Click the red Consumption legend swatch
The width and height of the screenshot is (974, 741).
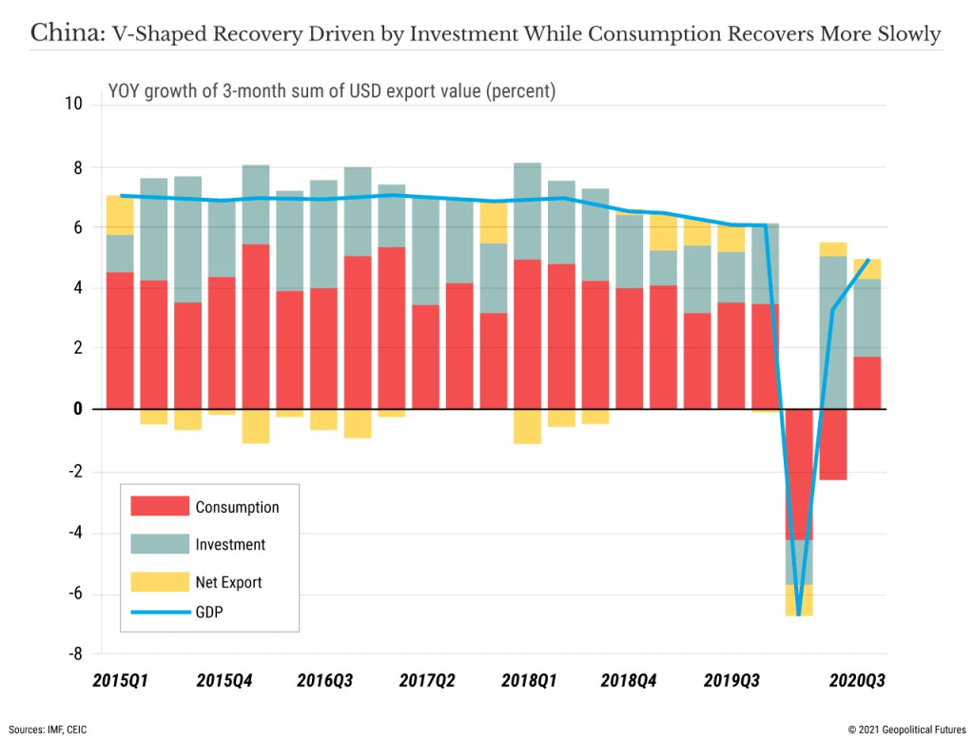(160, 506)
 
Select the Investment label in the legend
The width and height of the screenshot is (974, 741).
(230, 545)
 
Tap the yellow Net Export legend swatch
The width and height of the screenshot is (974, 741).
(160, 581)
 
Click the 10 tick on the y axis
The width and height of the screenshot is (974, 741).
(73, 104)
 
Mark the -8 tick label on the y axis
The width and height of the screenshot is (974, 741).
(73, 654)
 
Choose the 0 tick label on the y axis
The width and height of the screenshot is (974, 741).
(77, 409)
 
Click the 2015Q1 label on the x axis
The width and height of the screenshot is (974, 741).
(120, 681)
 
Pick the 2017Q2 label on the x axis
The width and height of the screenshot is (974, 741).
(427, 681)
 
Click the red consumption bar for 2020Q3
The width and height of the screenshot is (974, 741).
(867, 382)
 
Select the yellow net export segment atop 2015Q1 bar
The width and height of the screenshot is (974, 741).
(120, 215)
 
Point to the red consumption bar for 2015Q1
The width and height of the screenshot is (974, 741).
(120, 341)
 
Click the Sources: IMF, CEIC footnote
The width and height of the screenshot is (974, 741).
(49, 729)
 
